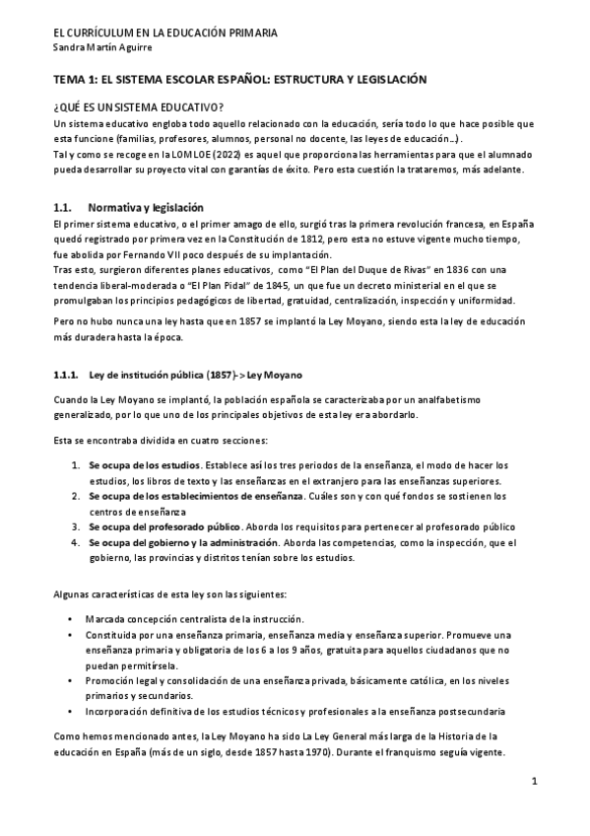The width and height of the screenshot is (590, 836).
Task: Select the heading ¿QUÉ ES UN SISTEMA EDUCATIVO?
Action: click(x=138, y=105)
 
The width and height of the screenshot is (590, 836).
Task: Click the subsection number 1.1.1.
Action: click(x=65, y=376)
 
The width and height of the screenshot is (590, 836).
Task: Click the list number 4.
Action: click(x=74, y=542)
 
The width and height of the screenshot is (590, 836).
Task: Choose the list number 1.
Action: click(x=74, y=464)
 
